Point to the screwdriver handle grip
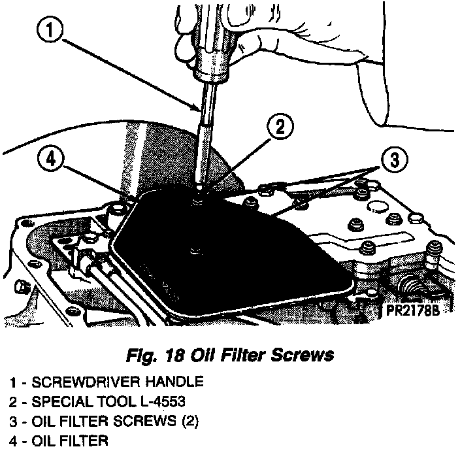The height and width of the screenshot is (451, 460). (x=213, y=56)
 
